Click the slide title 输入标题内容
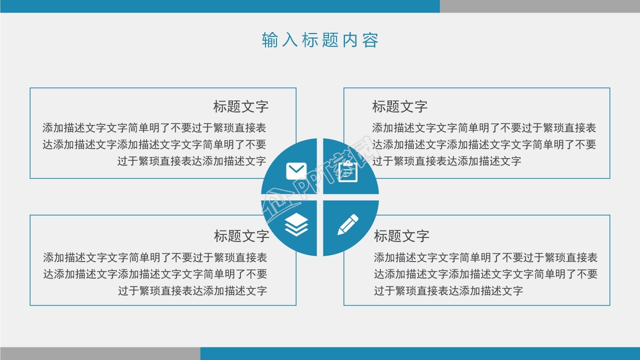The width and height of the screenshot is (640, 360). coord(320,40)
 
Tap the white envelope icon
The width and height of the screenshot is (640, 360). coord(296,171)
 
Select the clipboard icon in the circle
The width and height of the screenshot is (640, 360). coord(348,171)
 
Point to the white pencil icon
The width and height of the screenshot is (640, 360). coord(348,224)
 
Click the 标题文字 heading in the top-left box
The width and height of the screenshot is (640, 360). coord(241,106)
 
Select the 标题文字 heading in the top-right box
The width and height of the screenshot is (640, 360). coord(400,106)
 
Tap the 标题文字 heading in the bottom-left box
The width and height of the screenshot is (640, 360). coord(241,236)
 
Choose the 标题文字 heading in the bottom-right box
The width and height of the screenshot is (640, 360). coord(401,236)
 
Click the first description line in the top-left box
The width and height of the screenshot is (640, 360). coord(154,128)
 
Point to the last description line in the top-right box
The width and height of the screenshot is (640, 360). coord(446,161)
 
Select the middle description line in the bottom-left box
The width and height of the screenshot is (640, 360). coord(155,274)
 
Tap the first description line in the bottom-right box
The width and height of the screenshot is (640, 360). coord(485,258)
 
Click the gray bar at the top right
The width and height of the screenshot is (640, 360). coord(540,6)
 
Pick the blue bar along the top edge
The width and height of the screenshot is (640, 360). coord(220,6)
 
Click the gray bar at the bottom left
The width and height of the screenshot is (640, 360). coord(100,353)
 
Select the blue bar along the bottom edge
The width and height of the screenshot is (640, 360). coord(420,353)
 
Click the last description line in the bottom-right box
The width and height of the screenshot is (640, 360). coord(448,291)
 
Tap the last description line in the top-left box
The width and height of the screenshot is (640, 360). coord(191,161)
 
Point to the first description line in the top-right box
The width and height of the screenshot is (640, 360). coord(484,128)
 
